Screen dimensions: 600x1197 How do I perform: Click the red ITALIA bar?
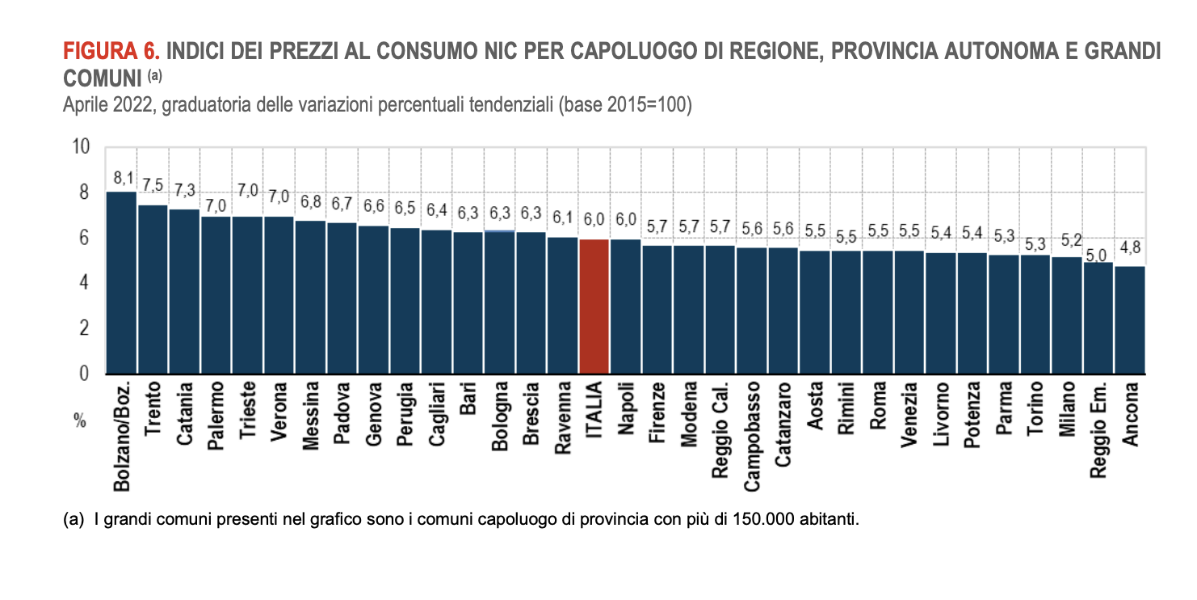594,306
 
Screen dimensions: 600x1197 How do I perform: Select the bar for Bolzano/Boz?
122,283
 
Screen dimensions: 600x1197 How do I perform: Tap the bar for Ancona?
1130,320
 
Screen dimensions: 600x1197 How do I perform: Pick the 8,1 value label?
122,178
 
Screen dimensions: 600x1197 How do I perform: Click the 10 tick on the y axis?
80,147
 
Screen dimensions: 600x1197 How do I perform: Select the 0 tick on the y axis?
84,374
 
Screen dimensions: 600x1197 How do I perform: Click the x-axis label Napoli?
626,411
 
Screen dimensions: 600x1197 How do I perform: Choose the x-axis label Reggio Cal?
720,427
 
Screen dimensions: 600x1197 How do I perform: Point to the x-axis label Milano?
1067,410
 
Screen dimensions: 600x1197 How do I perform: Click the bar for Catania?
185,292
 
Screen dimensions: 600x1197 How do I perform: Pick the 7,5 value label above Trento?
153,186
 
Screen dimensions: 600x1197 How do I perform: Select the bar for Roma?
878,312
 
